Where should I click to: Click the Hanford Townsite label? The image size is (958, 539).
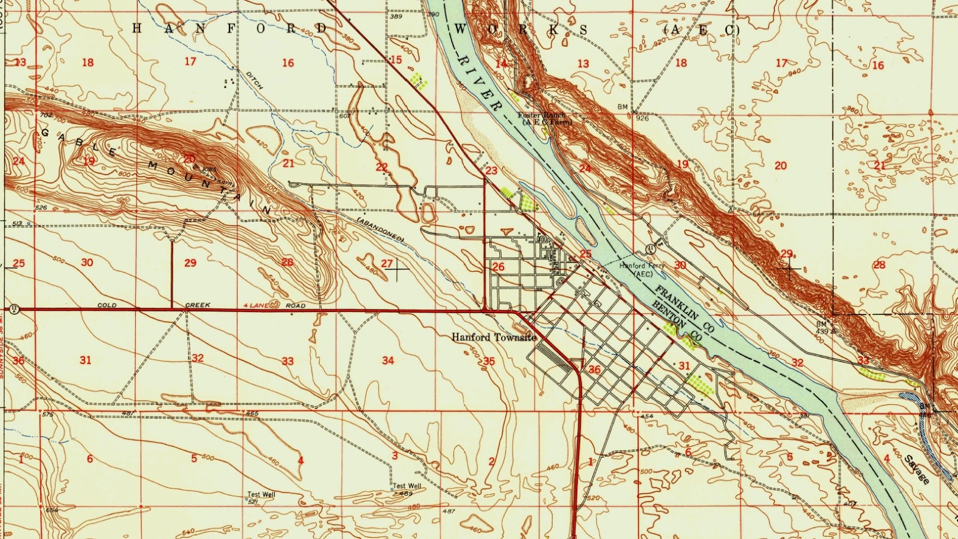click(494, 337)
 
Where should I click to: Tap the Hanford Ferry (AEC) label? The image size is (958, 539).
click(641, 269)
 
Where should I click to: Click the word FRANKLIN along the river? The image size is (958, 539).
click(684, 309)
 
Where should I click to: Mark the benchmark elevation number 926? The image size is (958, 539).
click(642, 118)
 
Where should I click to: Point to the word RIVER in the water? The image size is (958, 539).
click(479, 82)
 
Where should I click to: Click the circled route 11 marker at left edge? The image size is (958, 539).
click(13, 310)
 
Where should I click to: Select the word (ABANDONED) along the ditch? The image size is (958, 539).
click(380, 229)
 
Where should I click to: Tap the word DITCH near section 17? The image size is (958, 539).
click(254, 80)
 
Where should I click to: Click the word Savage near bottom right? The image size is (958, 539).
click(917, 470)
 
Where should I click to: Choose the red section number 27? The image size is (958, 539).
click(387, 263)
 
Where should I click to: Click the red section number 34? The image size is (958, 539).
click(388, 360)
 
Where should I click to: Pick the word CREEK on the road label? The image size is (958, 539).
click(198, 305)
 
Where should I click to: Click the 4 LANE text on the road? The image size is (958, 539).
click(255, 305)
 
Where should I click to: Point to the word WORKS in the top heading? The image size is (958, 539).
click(520, 29)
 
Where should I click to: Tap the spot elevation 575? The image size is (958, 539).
click(48, 414)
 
